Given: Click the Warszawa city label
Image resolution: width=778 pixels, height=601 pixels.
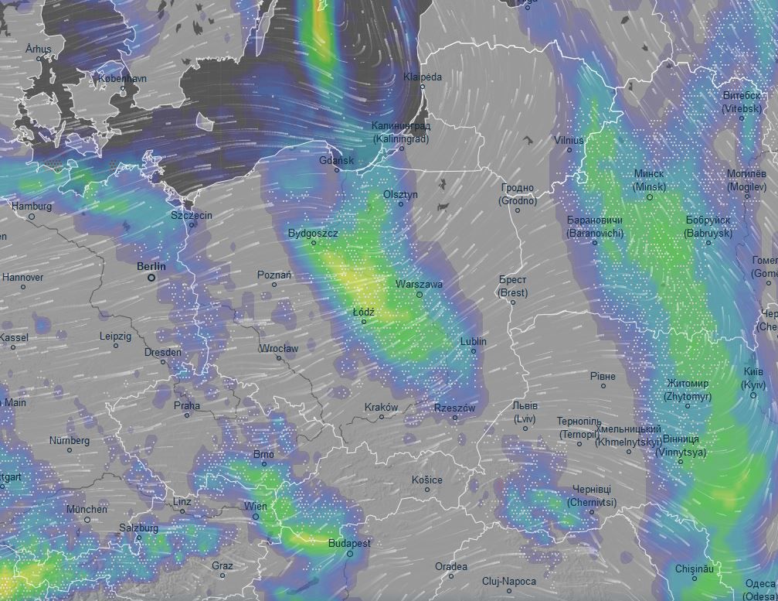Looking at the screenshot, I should click(419, 284).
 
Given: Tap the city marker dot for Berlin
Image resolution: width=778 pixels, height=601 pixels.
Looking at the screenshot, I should click(151, 277).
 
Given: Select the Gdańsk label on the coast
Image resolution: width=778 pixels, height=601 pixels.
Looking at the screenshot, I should click(336, 161).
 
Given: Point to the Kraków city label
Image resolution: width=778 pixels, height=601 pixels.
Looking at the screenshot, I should click(381, 407).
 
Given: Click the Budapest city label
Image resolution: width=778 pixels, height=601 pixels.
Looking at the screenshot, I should click(349, 543).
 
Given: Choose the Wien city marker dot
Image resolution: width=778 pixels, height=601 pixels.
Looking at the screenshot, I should click(256, 517).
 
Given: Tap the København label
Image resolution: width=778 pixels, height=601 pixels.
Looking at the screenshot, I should click(122, 79).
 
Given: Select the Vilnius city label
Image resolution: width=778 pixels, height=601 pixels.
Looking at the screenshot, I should click(569, 140).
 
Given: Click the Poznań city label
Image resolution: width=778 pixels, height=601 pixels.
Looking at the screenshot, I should click(274, 275).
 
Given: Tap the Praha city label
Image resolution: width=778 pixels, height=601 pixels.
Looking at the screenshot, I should click(186, 405).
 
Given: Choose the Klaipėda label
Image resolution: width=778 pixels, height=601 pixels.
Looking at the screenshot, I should click(423, 77).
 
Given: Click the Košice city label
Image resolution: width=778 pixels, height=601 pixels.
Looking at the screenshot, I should click(426, 480).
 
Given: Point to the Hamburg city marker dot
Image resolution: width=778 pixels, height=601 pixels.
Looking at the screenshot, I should click(32, 217).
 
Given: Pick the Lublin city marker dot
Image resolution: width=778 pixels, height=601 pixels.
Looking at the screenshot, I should click(474, 351).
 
